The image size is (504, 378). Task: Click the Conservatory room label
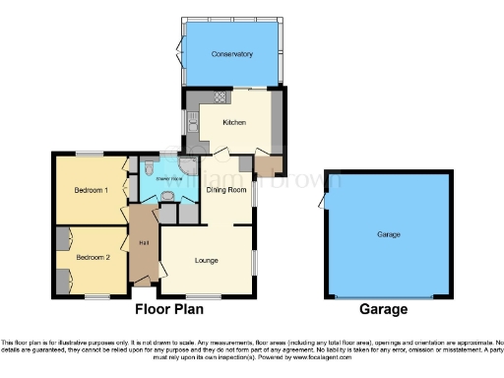(232, 54)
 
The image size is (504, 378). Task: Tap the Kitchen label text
(233, 122)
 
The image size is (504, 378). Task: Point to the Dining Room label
(226, 190)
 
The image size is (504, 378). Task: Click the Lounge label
(206, 260)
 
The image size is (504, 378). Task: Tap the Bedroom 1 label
(91, 190)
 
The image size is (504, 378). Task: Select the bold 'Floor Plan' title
(169, 309)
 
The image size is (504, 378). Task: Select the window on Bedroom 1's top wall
(91, 154)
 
